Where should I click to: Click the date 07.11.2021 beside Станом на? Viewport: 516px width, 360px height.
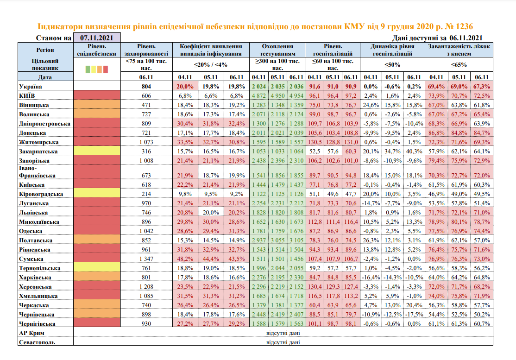click(x=97, y=38)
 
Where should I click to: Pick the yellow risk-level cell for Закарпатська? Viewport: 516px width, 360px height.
click(x=97, y=151)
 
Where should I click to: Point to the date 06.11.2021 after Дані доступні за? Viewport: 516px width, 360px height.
click(x=466, y=38)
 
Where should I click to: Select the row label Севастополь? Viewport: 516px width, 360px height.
click(x=37, y=342)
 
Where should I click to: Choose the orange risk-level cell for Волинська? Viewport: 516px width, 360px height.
click(x=97, y=114)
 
